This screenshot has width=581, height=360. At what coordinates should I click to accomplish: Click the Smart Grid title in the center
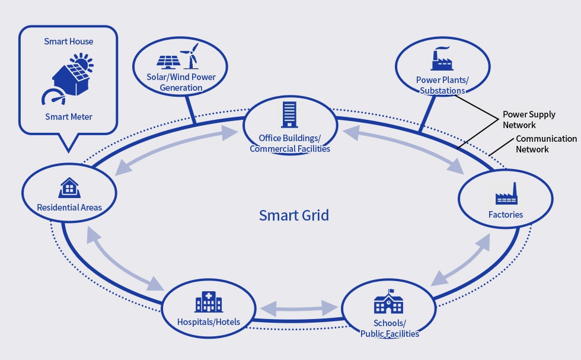294,215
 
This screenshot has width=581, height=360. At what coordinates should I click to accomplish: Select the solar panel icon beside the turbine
168,62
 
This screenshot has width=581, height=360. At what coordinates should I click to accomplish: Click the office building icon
289,114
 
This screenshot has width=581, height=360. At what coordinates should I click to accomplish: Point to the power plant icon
442,59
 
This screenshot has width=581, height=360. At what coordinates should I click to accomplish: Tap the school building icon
388,301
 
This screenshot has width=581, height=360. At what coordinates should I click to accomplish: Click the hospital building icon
209,301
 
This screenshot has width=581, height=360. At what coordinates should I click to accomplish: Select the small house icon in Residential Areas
69,187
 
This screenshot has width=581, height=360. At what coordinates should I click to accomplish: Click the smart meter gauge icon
53,97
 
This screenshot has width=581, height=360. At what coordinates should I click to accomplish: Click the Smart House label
69,42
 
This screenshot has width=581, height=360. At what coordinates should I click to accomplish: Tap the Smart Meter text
69,117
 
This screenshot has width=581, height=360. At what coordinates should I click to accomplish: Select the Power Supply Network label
529,119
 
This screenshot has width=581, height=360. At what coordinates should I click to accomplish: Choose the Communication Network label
546,144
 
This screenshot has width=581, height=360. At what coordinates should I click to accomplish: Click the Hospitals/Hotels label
209,322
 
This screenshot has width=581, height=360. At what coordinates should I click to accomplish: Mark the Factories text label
505,215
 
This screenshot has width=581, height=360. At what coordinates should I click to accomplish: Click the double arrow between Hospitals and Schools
299,308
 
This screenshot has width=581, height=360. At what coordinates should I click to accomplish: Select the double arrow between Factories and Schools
461,260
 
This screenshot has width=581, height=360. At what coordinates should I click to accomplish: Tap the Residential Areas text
69,208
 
